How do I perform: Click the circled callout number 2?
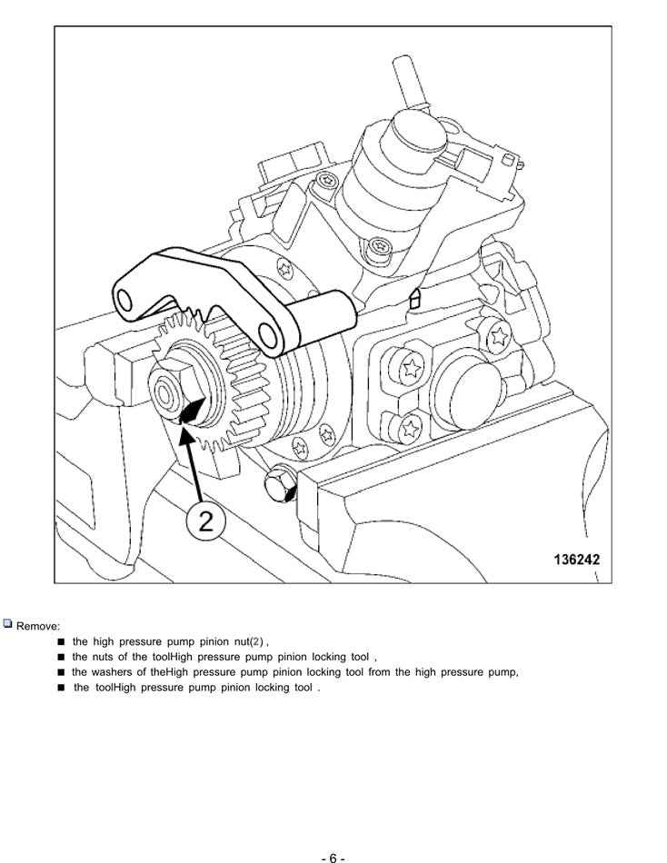coord(206,521)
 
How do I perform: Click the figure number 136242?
coord(576,560)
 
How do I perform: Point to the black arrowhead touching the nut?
coord(191,416)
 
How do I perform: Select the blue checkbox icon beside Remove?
coord(8,625)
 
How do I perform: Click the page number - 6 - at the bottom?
coord(333,858)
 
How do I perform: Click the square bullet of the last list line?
coord(61,688)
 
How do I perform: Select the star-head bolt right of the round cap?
coord(498,339)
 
